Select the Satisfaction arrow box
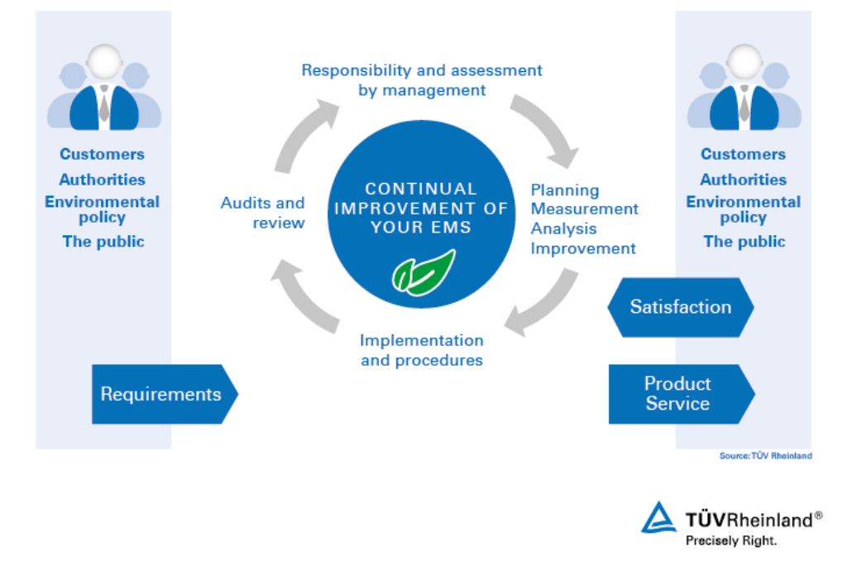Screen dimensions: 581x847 (680, 307)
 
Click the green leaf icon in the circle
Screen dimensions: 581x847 (423, 273)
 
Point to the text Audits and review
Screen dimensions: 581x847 (263, 213)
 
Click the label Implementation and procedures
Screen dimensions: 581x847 (422, 350)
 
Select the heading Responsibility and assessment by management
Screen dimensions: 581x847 (422, 80)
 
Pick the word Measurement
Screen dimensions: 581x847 (584, 209)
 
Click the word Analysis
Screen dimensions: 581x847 (563, 228)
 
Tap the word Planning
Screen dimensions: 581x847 (565, 190)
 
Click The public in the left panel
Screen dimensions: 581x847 (103, 242)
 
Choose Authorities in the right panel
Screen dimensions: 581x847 (744, 180)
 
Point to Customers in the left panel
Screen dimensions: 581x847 (102, 154)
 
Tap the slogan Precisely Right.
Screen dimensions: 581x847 (731, 540)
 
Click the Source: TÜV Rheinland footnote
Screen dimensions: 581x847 (765, 456)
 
